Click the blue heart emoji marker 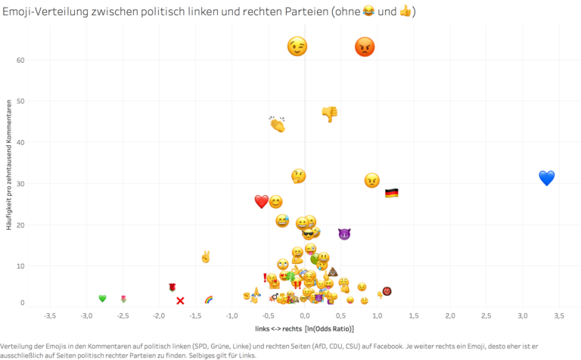547,178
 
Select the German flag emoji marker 391,194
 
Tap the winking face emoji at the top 297,47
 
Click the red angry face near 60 365,47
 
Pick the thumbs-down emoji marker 329,114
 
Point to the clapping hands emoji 277,123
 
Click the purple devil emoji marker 344,234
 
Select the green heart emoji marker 102,298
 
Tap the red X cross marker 180,300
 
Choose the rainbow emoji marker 209,299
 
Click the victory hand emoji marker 205,256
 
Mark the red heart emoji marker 261,201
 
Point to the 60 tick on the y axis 20,60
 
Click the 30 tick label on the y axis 20,184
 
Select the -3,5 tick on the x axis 50,315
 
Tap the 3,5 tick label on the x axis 559,315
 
